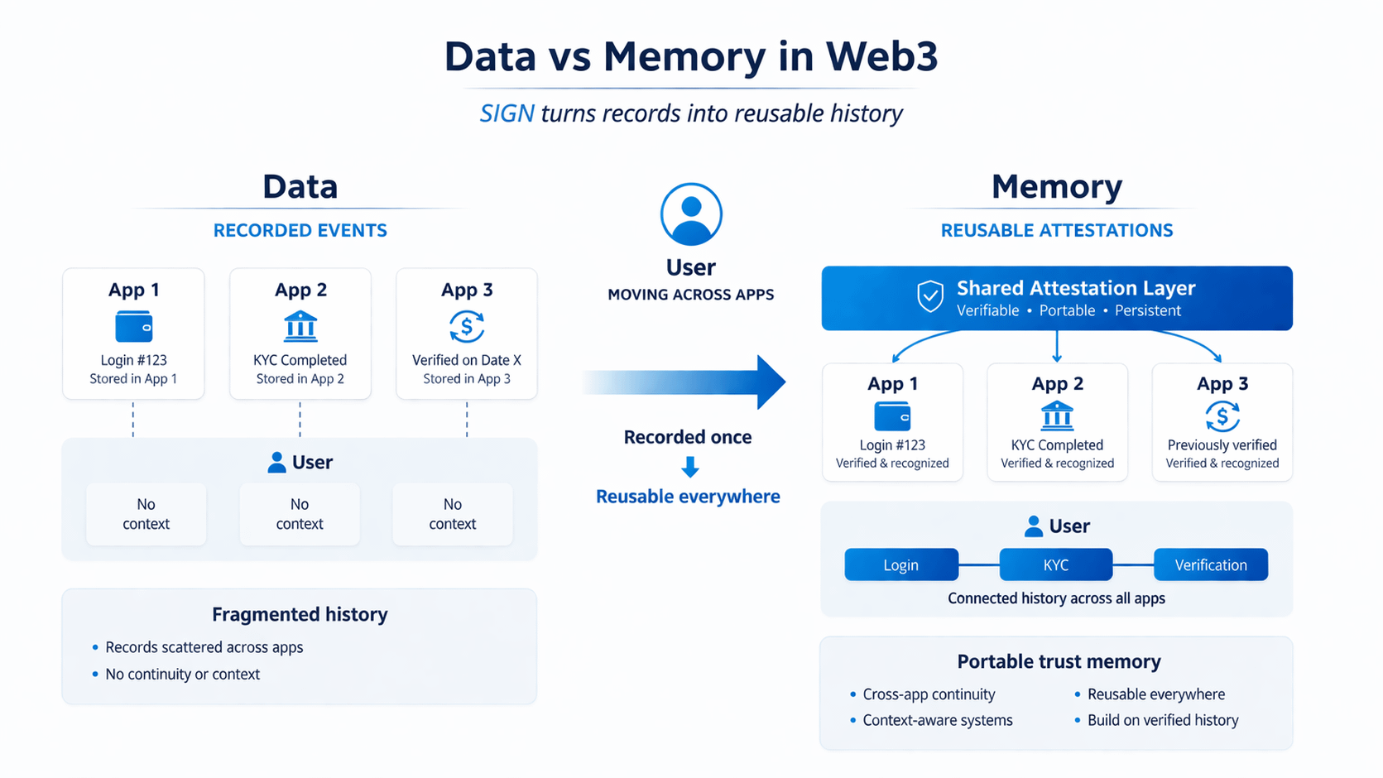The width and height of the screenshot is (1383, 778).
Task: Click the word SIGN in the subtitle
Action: coord(507,113)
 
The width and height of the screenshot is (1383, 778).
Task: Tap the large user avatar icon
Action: coord(691,214)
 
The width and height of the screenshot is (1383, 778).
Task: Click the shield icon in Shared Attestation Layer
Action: coord(930,296)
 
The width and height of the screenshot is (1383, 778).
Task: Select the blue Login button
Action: coord(900,564)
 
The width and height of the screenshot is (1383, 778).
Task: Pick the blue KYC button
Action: coord(1055,564)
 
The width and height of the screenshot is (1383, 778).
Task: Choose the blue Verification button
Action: coord(1210,564)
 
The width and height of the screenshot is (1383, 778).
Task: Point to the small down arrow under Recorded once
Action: coord(689,468)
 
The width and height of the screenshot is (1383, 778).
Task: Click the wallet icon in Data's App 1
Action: coord(133,327)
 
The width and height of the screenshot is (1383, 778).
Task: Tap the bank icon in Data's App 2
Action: coord(300,327)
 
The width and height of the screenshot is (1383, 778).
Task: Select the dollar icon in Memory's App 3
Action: coord(1222,416)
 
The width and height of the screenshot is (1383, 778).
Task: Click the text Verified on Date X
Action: coord(467,360)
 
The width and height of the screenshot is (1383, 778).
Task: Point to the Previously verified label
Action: coord(1222,445)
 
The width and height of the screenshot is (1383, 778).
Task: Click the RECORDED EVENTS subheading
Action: coord(300,231)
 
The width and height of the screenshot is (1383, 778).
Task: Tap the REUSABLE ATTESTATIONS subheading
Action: coord(1056,231)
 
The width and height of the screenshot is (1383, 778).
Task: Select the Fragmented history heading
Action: coord(300,614)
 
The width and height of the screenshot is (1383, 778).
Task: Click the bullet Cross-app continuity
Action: coord(929,694)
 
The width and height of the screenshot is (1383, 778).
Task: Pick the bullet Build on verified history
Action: coord(1162,720)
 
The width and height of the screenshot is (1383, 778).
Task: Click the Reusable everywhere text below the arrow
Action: coord(688,497)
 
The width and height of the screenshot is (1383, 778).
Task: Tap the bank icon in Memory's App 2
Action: coord(1057,416)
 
